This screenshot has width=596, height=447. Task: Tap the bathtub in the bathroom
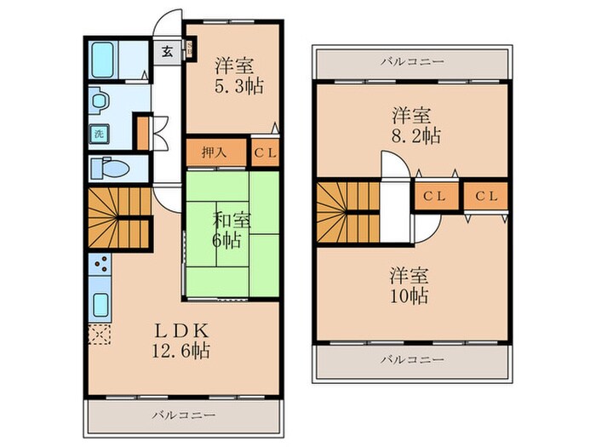104,59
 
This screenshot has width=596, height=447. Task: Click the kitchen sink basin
99,305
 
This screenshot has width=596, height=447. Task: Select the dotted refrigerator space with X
98,333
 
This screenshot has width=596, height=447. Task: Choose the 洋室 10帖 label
410,286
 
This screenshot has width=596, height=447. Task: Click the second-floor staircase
346,212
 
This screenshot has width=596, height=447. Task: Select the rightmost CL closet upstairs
486,196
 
